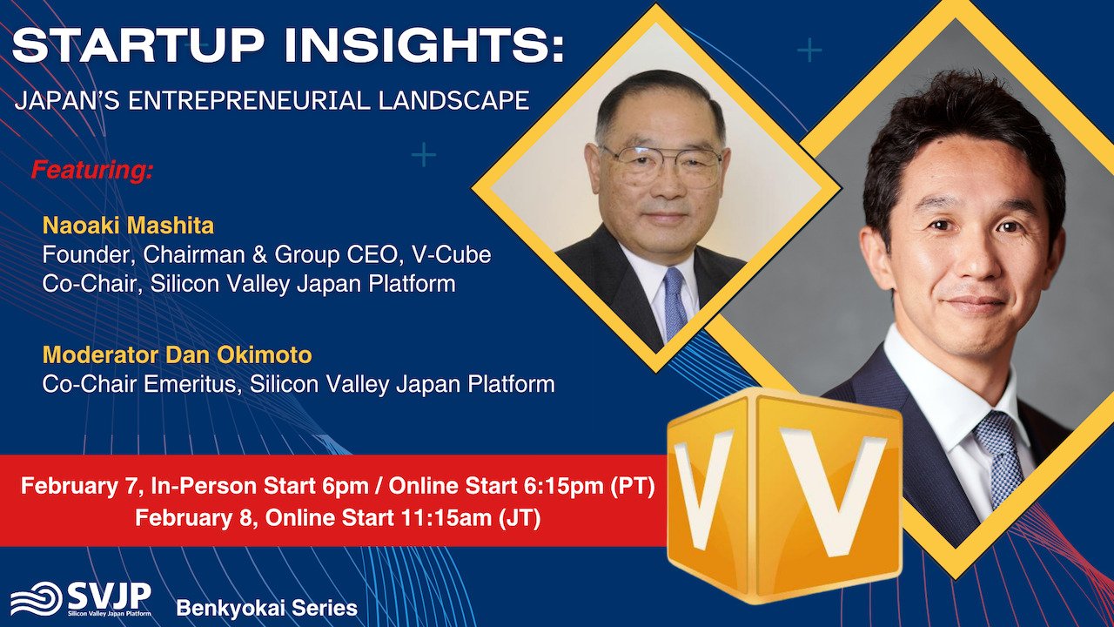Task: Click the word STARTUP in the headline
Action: [138, 45]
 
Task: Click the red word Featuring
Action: [92, 170]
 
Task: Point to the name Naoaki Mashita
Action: [128, 226]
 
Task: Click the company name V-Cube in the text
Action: [451, 255]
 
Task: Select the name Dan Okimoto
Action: [238, 355]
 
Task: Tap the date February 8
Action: [197, 518]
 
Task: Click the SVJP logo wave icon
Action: [37, 598]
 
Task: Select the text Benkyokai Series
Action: [267, 608]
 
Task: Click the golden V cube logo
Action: [784, 494]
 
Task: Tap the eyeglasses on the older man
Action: [661, 164]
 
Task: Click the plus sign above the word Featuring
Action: [424, 155]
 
